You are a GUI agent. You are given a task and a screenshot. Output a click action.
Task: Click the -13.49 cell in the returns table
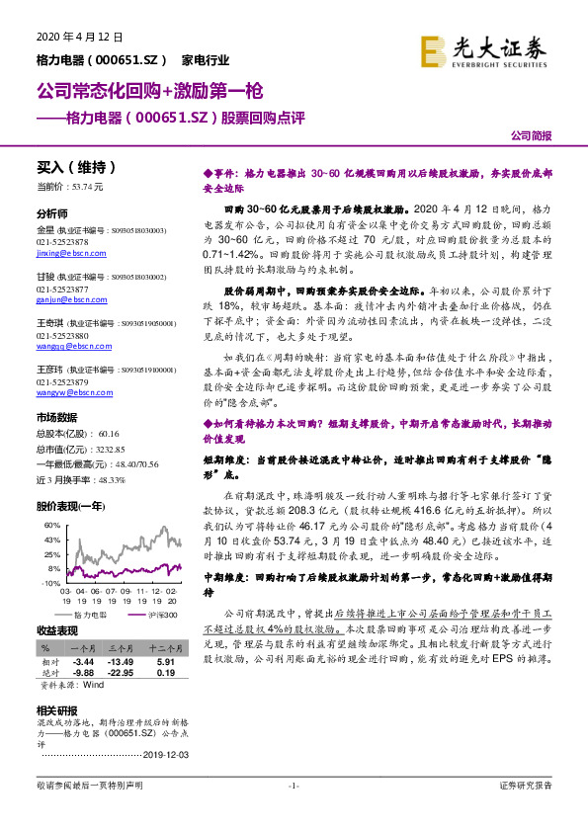coord(120,661)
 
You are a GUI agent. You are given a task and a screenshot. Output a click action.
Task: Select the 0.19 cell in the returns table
coord(165,672)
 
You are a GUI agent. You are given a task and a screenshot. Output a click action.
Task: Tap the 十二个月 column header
coord(164,649)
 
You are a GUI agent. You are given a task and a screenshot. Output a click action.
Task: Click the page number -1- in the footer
coord(294,786)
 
